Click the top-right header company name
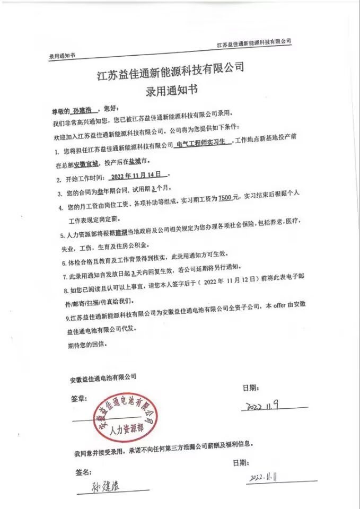pyautogui.click(x=254, y=42)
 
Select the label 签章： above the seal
pyautogui.click(x=77, y=398)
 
